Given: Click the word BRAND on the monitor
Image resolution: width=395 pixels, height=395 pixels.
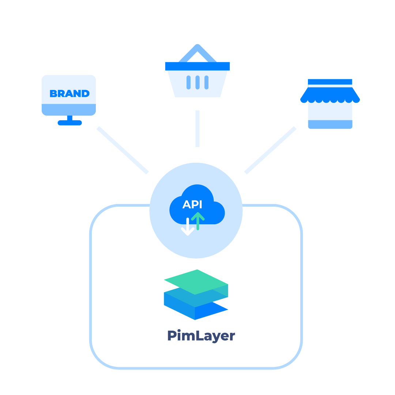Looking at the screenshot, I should pos(69,94).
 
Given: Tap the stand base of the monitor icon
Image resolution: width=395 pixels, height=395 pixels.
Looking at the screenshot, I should pos(69,123).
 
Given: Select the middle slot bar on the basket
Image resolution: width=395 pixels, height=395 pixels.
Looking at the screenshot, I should pos(197,82).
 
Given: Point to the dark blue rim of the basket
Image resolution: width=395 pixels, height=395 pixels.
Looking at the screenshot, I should pos(197,66).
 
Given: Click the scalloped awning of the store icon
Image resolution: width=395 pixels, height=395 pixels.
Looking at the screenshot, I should pos(330,96).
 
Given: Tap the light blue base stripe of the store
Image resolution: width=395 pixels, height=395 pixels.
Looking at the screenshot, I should pos(330,124).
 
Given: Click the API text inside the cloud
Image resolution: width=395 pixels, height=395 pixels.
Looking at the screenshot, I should pos(192,204).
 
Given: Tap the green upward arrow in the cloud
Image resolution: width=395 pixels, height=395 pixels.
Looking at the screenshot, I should pos(198,221).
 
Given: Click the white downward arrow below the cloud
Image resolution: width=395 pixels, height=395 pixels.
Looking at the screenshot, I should pos(188,227).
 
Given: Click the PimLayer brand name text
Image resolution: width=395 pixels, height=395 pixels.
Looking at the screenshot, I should pos(201,336).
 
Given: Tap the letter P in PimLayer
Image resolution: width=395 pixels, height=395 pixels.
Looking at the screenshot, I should pos(172,335).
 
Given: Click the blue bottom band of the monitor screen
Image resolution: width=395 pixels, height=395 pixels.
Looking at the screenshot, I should pos(69,109).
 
